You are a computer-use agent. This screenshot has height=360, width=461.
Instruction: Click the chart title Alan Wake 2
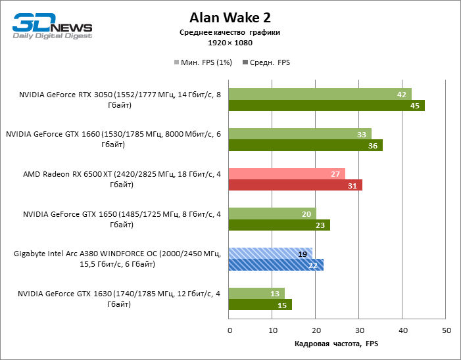pyautogui.click(x=230, y=17)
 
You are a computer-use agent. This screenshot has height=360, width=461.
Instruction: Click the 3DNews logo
pyautogui.click(x=52, y=24)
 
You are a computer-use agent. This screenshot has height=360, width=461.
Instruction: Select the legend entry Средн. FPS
pyautogui.click(x=266, y=62)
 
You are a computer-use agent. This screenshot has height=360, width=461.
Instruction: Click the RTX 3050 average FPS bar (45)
pyautogui.click(x=326, y=106)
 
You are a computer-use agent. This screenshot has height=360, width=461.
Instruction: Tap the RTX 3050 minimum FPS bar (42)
pyautogui.click(x=320, y=94)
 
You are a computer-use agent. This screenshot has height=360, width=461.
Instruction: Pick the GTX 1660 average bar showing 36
pyautogui.click(x=305, y=145)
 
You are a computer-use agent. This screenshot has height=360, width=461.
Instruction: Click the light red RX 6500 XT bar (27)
pyautogui.click(x=287, y=174)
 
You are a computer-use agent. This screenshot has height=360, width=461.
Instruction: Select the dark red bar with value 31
pyautogui.click(x=295, y=185)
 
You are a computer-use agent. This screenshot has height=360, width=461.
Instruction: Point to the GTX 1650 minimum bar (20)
pyautogui.click(x=272, y=214)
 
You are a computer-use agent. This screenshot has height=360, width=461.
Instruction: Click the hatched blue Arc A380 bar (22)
pyautogui.click(x=276, y=265)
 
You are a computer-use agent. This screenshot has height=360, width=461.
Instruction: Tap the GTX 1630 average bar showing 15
pyautogui.click(x=260, y=305)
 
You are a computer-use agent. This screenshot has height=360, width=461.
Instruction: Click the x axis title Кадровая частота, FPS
pyautogui.click(x=337, y=344)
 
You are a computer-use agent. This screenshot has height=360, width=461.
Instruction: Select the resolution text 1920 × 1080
pyautogui.click(x=230, y=43)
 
